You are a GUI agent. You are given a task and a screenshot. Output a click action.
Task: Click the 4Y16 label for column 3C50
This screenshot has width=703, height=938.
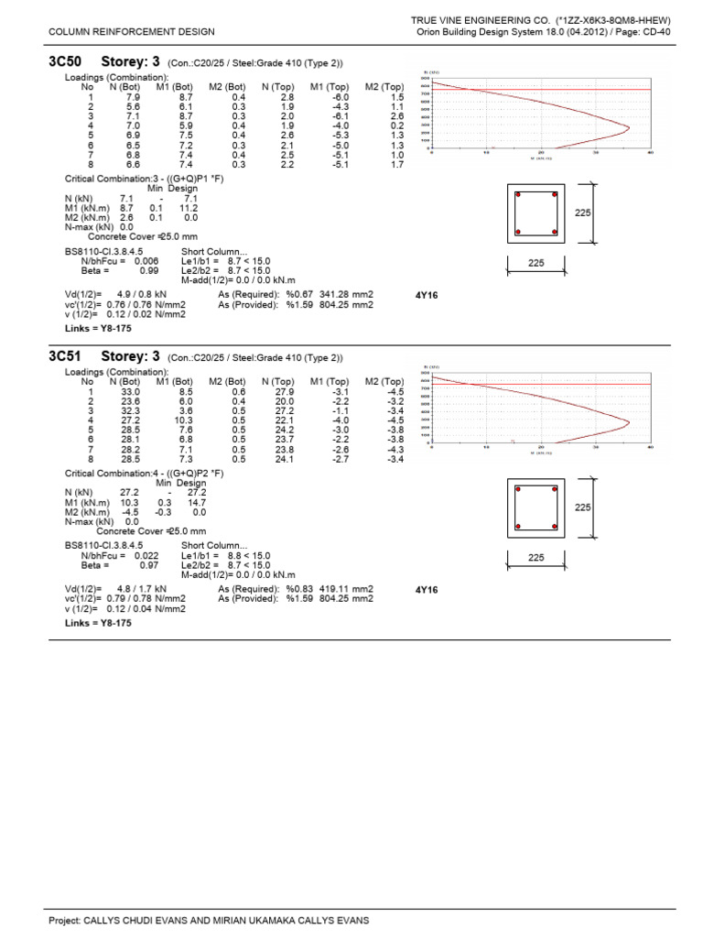click(427, 296)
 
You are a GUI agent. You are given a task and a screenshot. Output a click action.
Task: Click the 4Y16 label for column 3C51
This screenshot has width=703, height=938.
click(427, 590)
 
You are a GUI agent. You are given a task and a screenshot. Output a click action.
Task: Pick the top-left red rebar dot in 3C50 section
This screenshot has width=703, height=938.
click(519, 196)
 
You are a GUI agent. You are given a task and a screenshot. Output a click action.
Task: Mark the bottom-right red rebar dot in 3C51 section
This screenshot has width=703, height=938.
click(553, 526)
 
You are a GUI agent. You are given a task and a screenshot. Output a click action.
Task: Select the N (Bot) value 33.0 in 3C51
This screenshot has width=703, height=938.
click(131, 391)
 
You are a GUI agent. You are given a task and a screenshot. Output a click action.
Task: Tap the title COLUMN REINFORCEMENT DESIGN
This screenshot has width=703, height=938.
click(132, 31)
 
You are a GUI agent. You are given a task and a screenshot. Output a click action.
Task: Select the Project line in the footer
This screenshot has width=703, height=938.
click(209, 920)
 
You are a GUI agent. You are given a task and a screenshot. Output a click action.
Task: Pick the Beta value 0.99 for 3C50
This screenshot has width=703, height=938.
click(149, 270)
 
